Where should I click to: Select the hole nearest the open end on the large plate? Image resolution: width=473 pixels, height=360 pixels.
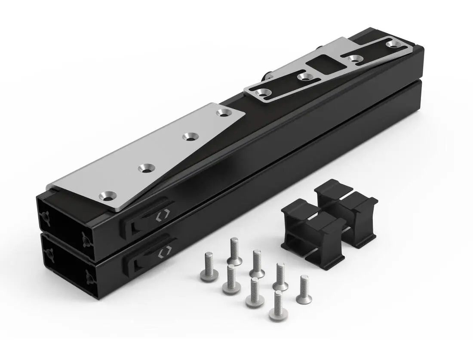click(x=106, y=196)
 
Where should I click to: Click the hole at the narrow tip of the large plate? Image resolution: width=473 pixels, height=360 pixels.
click(x=223, y=113)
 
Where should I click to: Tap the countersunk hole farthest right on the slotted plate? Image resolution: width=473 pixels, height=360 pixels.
click(x=392, y=44)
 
